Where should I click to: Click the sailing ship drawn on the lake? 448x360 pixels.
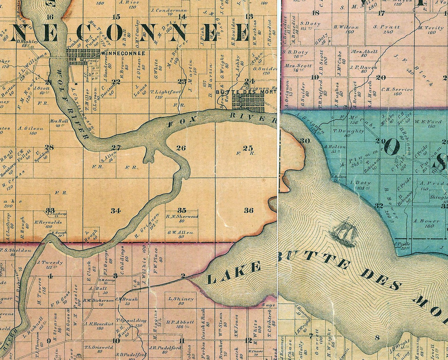coord(344,232)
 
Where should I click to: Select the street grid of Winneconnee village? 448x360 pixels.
coord(83,57)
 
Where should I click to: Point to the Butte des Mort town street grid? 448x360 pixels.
coord(248,102)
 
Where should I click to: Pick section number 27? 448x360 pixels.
coord(116,148)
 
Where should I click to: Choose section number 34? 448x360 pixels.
coord(116,211)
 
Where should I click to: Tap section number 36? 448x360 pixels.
coord(249,210)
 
